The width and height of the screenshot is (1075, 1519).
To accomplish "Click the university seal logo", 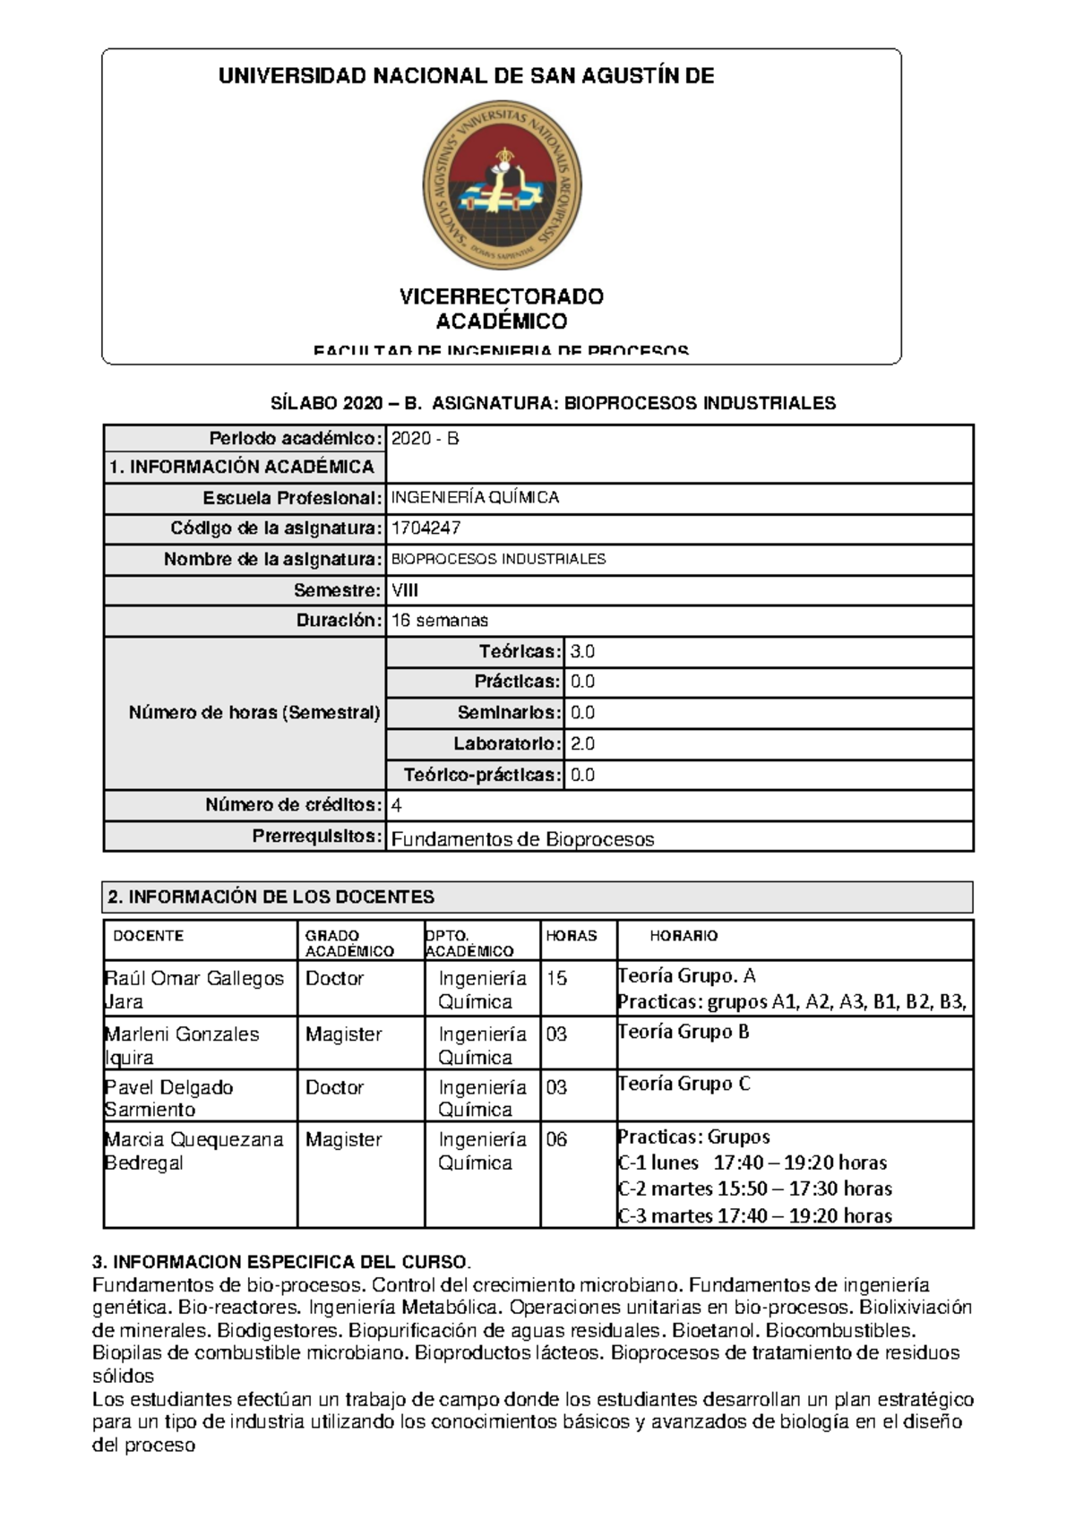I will point(502,185).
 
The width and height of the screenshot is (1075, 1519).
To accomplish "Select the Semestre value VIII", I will point(405,590).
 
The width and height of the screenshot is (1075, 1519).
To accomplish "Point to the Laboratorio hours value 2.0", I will point(582,743).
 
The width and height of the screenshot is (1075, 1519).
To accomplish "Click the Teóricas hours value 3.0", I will point(582,652).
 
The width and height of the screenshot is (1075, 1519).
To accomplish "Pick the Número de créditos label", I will point(293,804).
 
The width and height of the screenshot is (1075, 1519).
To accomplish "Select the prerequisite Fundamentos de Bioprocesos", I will point(522,839).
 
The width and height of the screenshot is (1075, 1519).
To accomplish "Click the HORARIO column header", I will point(684,936).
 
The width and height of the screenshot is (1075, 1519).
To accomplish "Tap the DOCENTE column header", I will point(149,936).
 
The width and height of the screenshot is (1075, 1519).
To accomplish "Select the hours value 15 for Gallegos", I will point(556,978).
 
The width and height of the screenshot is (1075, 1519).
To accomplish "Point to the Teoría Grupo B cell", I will point(683,1032).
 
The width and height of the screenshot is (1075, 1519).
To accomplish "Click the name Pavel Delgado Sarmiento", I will point(169,1098).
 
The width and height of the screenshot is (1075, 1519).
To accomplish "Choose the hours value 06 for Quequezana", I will point(556,1139).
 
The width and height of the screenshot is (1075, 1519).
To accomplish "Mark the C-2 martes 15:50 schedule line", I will point(754,1189).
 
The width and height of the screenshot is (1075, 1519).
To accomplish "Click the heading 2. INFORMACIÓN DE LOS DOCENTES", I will point(271,897).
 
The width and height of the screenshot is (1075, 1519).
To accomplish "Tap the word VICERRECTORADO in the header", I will point(502,296).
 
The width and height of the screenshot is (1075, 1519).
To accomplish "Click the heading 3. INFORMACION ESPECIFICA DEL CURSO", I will point(281,1263).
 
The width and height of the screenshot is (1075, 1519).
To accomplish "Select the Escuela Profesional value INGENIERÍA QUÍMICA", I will point(475,498).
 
